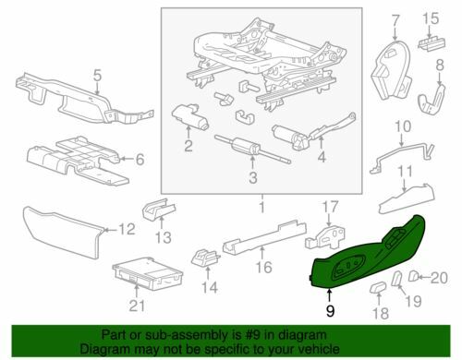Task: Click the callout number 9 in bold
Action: click(x=330, y=311)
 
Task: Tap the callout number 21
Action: click(x=137, y=306)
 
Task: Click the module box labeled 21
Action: click(x=148, y=273)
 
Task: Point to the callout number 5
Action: click(x=97, y=76)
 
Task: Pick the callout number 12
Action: click(x=127, y=229)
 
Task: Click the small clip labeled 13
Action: click(x=159, y=210)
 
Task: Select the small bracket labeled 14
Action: click(x=205, y=258)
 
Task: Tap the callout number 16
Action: click(x=264, y=267)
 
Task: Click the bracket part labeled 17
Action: click(x=325, y=237)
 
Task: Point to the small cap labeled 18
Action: click(x=378, y=288)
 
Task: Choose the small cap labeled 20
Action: click(x=413, y=276)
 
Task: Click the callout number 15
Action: click(x=431, y=18)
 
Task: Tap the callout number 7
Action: click(x=395, y=20)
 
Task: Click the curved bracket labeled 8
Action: click(x=432, y=100)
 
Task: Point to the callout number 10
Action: click(x=403, y=126)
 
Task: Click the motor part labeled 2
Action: click(x=190, y=115)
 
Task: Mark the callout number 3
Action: click(x=253, y=177)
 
